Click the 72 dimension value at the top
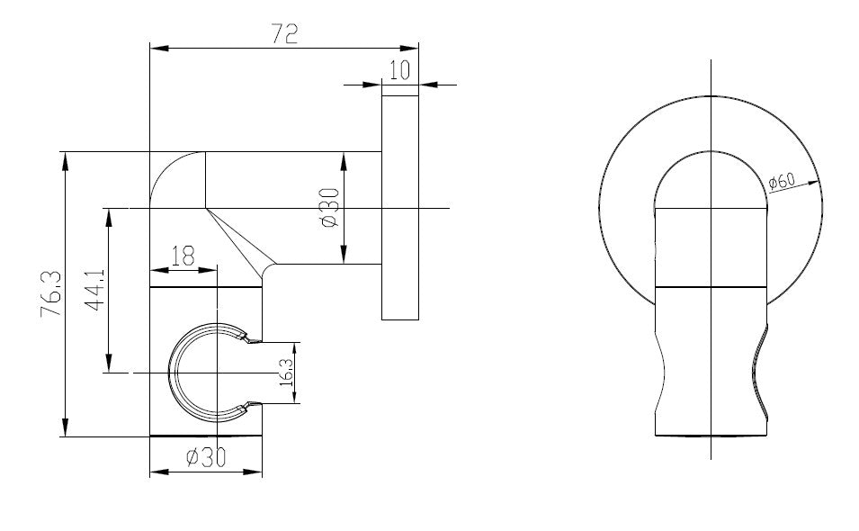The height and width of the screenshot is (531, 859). coord(284,34)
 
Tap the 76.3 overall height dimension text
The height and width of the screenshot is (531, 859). coord(51,293)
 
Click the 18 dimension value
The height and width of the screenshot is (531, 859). coord(182,256)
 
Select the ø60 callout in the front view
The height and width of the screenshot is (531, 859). coord(783,181)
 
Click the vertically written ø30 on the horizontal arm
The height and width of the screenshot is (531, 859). coord(329,208)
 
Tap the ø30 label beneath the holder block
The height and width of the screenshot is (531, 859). coord(205,457)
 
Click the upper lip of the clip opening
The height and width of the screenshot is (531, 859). coord(248,338)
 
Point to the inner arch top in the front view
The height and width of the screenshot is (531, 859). coord(711,151)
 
